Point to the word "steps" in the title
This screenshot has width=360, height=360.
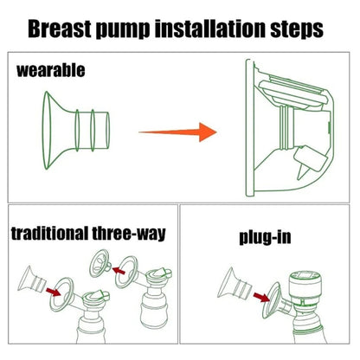point(297,30)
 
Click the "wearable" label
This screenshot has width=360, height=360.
point(51,70)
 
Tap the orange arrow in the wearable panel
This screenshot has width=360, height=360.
point(177,132)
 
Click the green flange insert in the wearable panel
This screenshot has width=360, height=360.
point(76,130)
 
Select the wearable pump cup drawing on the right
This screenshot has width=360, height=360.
point(290,128)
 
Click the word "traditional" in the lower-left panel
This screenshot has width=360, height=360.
point(49,233)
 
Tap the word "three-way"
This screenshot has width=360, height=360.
point(129,234)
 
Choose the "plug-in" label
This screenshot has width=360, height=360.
point(265,237)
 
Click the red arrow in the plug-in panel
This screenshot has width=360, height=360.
point(261,297)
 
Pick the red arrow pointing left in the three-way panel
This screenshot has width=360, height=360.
point(119,271)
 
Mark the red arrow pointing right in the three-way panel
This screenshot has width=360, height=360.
point(54,292)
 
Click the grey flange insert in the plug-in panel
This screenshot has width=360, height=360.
point(235,284)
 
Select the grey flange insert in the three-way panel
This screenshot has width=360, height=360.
point(32,279)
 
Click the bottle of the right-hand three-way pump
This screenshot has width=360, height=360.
point(154,312)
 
